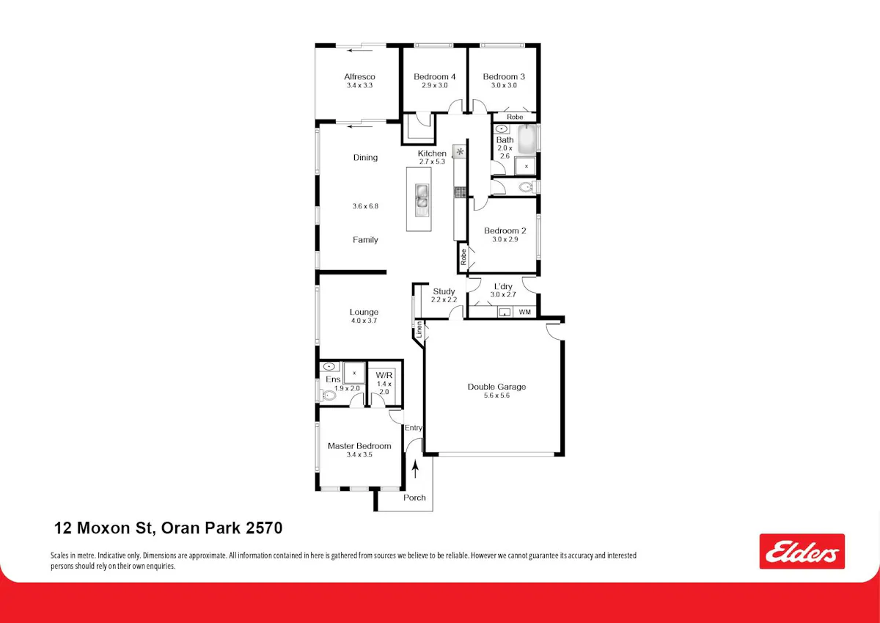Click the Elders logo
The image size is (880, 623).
point(802,551)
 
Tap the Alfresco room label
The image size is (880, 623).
point(359,76)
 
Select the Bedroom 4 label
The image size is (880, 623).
point(434,76)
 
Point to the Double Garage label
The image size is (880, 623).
point(496,387)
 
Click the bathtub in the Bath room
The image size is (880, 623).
point(527,139)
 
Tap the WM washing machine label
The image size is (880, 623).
point(525,312)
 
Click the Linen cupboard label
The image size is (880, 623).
point(419,329)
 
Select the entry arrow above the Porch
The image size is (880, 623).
point(415,470)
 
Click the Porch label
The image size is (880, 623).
point(414,498)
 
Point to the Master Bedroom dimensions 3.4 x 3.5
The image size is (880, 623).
point(359,455)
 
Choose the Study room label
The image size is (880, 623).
point(444,291)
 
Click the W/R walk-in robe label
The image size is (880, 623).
point(384,376)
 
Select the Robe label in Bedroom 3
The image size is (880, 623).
point(515,117)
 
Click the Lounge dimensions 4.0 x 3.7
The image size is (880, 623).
point(364,321)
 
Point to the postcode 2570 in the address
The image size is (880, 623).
point(264,528)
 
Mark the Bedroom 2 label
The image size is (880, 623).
point(505,230)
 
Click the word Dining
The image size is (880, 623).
point(365,158)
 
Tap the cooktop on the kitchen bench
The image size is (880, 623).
point(460,192)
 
